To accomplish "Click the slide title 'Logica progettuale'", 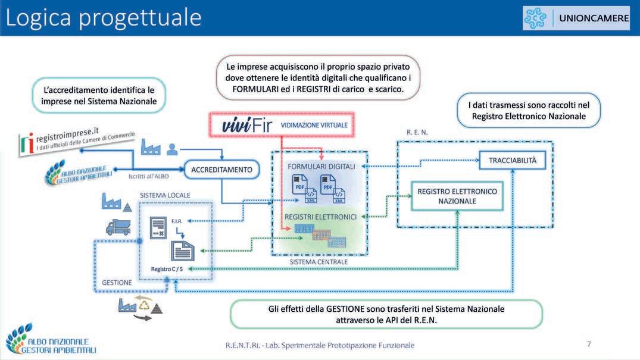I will click(x=104, y=18).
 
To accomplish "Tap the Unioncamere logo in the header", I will click(x=575, y=18).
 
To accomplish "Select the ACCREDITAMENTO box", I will click(x=221, y=170).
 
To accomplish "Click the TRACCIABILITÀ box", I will click(x=513, y=160).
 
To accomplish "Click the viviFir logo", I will click(x=241, y=126).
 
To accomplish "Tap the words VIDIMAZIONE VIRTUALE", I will click(x=314, y=126).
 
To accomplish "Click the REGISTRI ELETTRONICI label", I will click(x=320, y=217).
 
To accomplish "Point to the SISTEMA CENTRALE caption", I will click(x=319, y=262).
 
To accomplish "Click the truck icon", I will click(x=118, y=227).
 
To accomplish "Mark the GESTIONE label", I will click(x=117, y=283).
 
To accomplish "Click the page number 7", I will click(x=589, y=344).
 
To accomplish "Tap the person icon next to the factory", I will click(x=172, y=148).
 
